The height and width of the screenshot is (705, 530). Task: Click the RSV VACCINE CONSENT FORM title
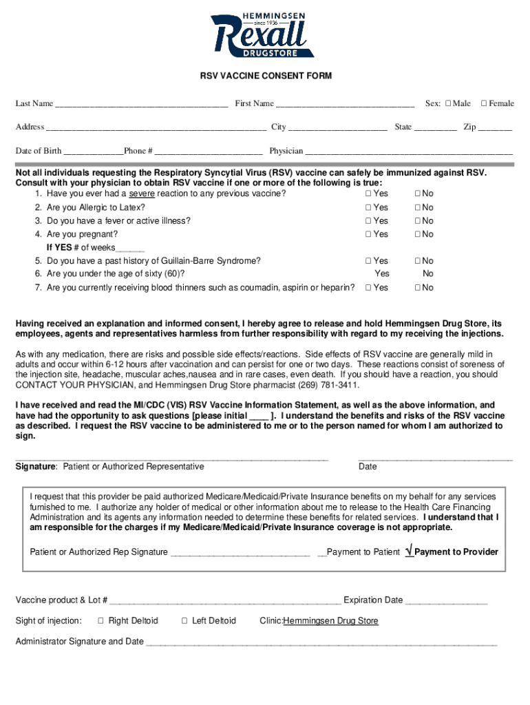click(x=265, y=76)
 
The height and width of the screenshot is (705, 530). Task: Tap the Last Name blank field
click(x=141, y=105)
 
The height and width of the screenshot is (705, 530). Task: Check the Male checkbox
click(x=448, y=104)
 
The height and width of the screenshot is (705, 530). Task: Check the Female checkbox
click(x=484, y=104)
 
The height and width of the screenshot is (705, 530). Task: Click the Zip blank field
click(x=495, y=128)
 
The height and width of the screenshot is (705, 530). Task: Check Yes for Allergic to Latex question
click(x=368, y=207)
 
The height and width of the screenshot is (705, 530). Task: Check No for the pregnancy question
click(x=417, y=235)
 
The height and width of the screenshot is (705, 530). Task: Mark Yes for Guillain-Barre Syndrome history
click(x=368, y=261)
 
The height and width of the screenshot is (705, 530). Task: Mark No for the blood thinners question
click(x=417, y=288)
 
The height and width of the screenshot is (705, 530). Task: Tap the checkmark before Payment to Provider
click(x=410, y=551)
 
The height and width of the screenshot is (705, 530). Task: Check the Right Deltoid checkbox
click(x=100, y=621)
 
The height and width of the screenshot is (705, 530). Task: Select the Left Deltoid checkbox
click(x=184, y=621)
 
